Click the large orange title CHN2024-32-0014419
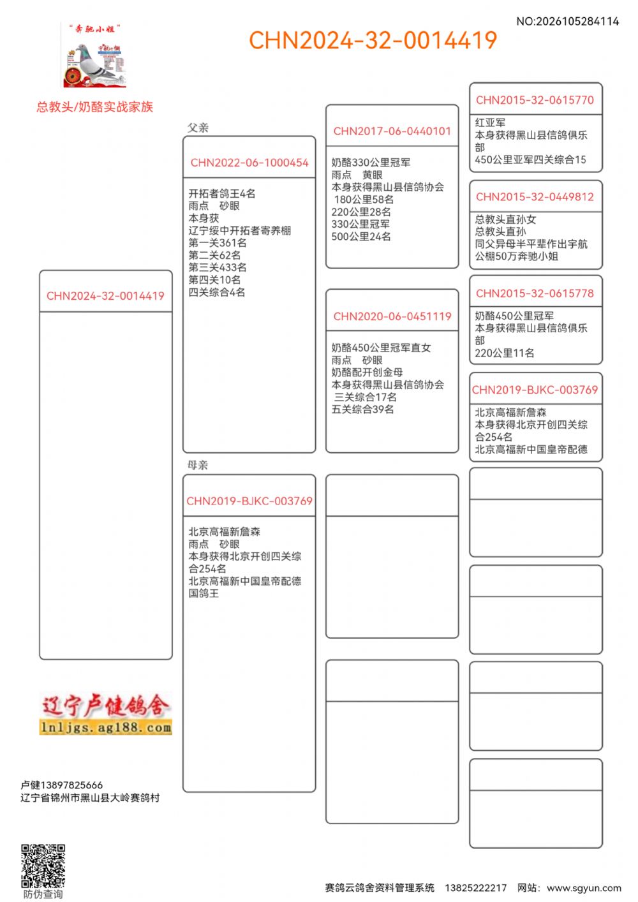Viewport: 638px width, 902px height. tap(373, 41)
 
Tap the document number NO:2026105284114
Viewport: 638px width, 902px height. tap(567, 22)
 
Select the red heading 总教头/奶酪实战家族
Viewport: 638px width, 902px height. tap(94, 107)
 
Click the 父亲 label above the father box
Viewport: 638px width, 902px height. tap(198, 128)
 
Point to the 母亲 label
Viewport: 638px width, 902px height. tap(198, 465)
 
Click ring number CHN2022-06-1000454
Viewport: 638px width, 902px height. tap(249, 163)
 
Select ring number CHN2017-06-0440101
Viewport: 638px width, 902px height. tap(392, 131)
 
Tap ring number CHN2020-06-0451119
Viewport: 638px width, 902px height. tap(392, 316)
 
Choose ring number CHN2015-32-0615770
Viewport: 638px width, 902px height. tap(535, 100)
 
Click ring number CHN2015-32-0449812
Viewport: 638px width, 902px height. tap(535, 197)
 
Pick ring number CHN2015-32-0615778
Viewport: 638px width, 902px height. tap(535, 293)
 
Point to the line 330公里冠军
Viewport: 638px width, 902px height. tap(360, 225)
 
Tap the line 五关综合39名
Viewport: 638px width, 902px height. tap(362, 410)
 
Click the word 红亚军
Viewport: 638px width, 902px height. tap(490, 122)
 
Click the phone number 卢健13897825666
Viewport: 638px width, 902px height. tap(61, 785)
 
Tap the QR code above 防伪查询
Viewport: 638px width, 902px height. tap(43, 866)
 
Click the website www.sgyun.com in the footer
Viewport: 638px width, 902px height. tap(584, 888)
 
